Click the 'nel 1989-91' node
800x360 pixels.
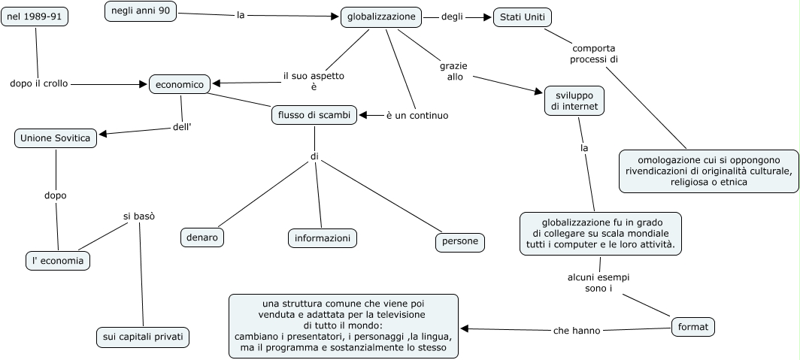pos(35,17)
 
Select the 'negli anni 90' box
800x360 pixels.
pos(141,11)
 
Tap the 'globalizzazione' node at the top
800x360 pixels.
pos(381,17)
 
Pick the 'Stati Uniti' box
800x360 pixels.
pos(523,17)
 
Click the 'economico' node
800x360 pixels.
pos(180,84)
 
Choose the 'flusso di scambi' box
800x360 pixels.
pos(314,115)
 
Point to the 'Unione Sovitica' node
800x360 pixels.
pos(55,138)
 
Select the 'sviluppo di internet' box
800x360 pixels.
pos(574,101)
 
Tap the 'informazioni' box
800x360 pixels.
pos(323,237)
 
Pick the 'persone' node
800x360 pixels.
pos(459,242)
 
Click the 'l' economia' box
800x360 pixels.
pos(58,261)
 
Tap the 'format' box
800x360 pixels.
pos(693,327)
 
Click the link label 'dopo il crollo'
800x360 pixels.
pos(39,83)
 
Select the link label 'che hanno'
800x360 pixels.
pos(577,331)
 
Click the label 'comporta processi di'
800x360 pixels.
pos(594,54)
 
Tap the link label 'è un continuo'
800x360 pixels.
pos(417,116)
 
